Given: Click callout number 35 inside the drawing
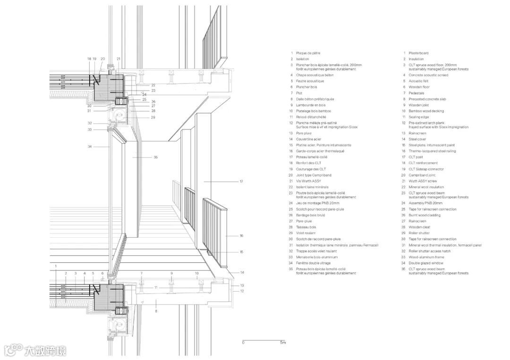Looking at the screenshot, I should tap(155, 157).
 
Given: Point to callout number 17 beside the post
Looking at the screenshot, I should tap(241, 181).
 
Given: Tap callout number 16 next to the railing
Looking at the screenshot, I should tap(241, 235).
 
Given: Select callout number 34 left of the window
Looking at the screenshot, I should tap(89, 147).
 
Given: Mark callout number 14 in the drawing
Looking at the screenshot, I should tap(241, 273).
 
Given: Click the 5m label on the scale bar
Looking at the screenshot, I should tap(282, 343).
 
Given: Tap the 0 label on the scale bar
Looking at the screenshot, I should tap(243, 343).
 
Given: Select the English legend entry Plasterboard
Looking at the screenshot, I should tap(418, 53).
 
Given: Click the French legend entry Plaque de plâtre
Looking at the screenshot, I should tap(308, 53).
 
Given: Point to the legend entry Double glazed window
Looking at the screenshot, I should tap(426, 263).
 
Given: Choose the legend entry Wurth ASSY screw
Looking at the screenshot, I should tap(423, 181).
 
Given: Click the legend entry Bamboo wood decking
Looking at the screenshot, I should tap(426, 111).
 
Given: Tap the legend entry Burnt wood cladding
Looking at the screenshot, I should tap(425, 215).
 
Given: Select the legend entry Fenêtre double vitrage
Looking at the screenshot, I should tap(314, 263).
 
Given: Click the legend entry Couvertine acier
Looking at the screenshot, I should tap(309, 139).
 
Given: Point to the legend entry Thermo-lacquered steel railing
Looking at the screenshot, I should tap(432, 151).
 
